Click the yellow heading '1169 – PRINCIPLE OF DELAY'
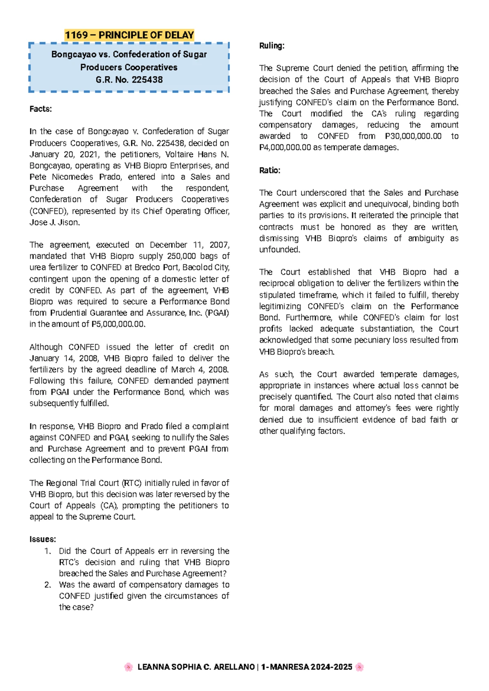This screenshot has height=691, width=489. (129, 35)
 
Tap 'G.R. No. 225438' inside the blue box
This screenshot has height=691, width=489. (129, 80)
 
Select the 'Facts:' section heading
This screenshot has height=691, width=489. (40, 109)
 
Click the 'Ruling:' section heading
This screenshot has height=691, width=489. (271, 46)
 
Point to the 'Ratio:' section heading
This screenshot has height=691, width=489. (269, 170)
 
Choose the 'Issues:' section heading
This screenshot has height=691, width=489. (42, 539)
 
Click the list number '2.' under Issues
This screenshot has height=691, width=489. (48, 585)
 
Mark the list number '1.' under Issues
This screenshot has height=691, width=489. (48, 551)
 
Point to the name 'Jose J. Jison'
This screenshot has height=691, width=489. (55, 222)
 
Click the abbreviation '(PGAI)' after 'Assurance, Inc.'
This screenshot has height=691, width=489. (217, 313)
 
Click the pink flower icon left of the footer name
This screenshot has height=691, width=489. (128, 667)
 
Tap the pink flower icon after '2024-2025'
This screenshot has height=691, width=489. (359, 667)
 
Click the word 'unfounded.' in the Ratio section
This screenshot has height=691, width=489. (280, 250)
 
